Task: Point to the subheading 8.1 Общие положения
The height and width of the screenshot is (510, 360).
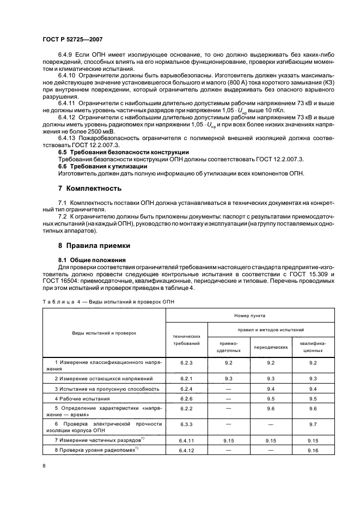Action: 91,260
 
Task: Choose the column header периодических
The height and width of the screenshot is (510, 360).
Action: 271,347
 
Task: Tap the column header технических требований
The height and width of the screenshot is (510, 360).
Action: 186,341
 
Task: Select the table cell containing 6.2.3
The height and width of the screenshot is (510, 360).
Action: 186,362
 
